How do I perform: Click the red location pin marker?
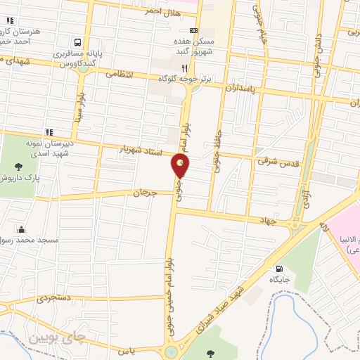point(181,166)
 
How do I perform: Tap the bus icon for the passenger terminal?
point(77,42)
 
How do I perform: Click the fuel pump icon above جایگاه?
point(280,268)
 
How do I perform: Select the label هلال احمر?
point(161,12)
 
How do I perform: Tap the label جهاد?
point(269,221)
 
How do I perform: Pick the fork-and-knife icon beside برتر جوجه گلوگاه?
point(184,68)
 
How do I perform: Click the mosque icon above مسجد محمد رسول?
point(22,229)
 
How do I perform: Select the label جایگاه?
point(280,280)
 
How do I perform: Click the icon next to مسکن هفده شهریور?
point(193,30)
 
